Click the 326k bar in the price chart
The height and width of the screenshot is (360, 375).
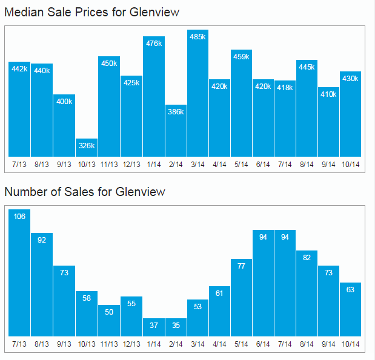(87, 148)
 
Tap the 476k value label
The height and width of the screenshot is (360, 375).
(154, 43)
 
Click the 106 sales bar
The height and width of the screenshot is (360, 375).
(19, 273)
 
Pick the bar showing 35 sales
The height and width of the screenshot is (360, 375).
(176, 327)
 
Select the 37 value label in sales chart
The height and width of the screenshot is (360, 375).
(154, 326)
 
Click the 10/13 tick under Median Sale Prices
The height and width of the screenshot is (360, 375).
(87, 164)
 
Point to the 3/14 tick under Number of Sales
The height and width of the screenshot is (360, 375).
(198, 344)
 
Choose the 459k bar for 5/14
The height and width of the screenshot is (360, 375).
(241, 103)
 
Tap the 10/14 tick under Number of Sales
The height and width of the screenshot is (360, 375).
(351, 344)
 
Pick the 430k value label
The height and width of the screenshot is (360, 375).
(351, 78)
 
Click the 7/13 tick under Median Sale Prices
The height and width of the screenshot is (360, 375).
(19, 164)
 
